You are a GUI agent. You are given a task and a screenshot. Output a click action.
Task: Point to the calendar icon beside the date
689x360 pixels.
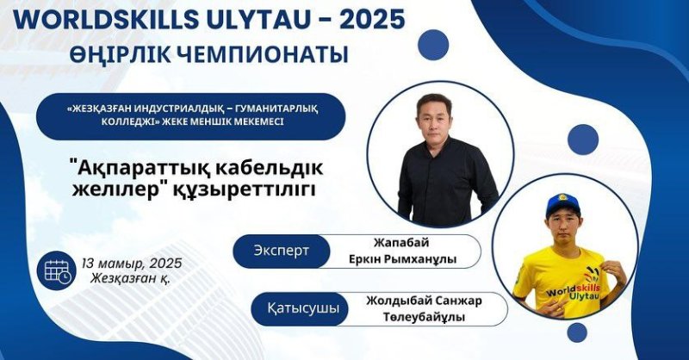tap(58, 270)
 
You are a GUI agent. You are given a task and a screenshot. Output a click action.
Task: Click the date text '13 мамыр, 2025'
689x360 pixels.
tap(132, 264)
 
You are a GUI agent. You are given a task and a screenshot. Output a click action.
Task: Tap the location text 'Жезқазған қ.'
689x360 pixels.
tap(131, 279)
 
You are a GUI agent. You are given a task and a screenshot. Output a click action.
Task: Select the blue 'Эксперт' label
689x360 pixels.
tap(282, 251)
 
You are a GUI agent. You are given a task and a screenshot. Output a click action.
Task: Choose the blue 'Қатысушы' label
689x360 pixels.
tap(303, 308)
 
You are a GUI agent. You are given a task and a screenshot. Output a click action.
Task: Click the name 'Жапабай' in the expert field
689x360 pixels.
tap(401, 243)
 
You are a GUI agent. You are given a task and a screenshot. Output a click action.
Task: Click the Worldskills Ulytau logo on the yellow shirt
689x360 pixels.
tap(574, 288)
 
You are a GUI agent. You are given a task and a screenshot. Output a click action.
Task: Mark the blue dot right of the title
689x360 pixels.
tap(433, 45)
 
